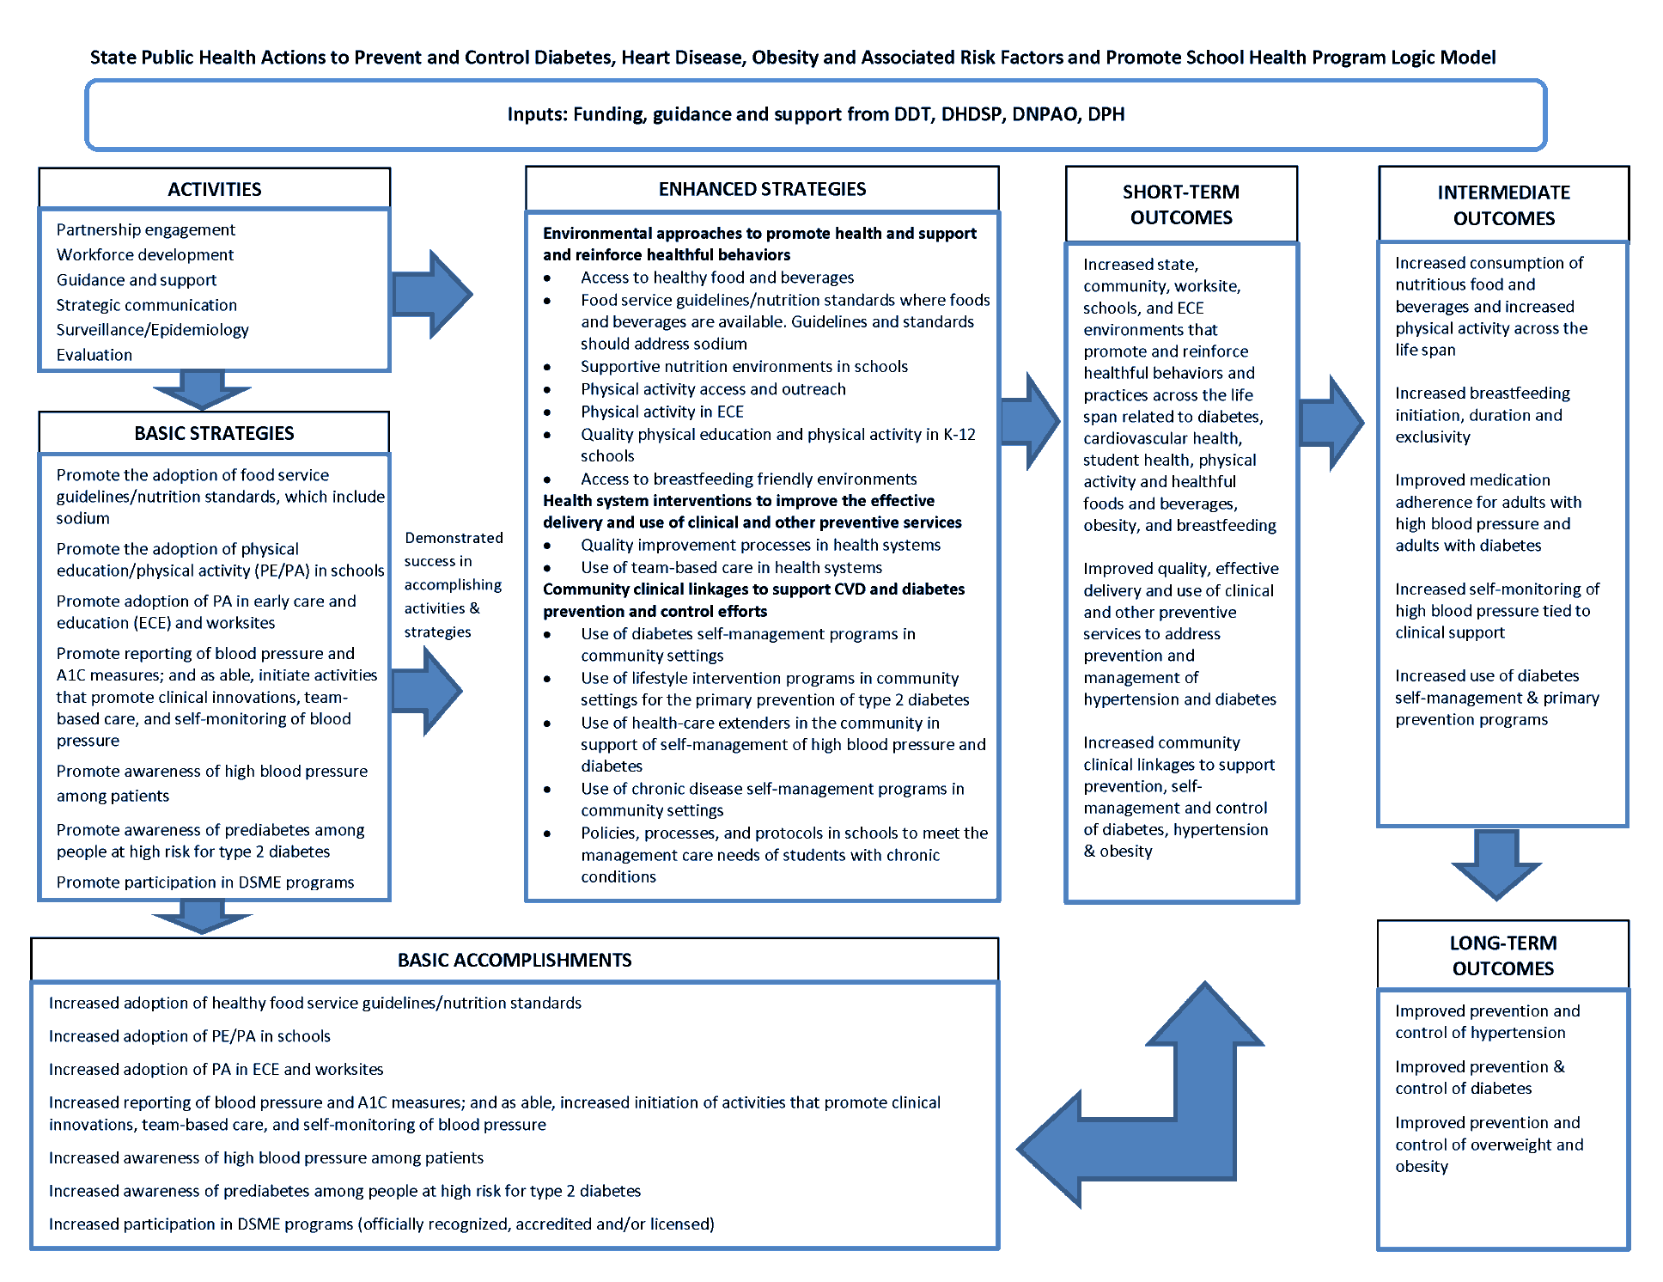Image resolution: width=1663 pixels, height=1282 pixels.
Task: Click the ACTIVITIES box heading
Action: tap(214, 189)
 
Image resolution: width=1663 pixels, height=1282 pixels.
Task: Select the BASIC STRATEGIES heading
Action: tap(214, 433)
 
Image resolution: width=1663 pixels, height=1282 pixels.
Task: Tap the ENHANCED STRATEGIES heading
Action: tap(762, 189)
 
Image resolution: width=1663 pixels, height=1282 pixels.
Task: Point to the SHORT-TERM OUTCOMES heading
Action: tap(1181, 205)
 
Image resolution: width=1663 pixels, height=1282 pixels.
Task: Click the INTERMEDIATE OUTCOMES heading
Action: tap(1503, 205)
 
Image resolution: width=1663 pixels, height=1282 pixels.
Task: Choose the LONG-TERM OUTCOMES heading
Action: tap(1502, 955)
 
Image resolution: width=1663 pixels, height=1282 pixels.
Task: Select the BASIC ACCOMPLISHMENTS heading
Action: tap(515, 960)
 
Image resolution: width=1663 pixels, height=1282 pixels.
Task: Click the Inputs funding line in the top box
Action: tap(815, 114)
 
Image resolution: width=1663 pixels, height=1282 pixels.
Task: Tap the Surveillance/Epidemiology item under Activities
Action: tap(152, 330)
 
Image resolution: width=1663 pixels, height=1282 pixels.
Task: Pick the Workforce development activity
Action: tap(144, 255)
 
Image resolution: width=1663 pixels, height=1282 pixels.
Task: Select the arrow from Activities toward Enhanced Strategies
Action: tap(432, 294)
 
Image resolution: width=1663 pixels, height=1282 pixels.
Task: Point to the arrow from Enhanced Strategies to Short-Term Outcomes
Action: tap(1031, 421)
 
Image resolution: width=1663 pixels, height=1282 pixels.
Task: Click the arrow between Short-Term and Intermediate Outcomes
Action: tap(1331, 422)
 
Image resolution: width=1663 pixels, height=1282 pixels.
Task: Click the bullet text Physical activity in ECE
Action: tap(661, 412)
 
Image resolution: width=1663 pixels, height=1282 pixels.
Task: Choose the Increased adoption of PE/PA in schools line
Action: tap(189, 1036)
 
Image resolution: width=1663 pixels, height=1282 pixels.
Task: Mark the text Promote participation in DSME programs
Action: tap(204, 882)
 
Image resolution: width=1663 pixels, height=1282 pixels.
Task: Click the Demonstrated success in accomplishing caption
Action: tap(453, 584)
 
